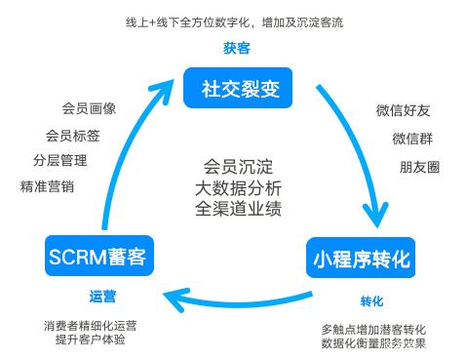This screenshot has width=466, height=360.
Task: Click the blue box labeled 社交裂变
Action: pos(235,89)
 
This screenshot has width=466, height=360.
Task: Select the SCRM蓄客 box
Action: pos(96,258)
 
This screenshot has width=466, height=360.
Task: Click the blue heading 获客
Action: pos(234,48)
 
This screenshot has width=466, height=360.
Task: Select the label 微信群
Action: pos(410,138)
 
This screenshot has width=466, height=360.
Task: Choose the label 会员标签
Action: pos(72,136)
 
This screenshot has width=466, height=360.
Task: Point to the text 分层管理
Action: pos(59,160)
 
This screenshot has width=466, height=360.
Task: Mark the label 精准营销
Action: pos(47,185)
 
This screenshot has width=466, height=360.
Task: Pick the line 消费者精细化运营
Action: pos(97,325)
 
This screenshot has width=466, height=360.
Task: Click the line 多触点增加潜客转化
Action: pos(373,328)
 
